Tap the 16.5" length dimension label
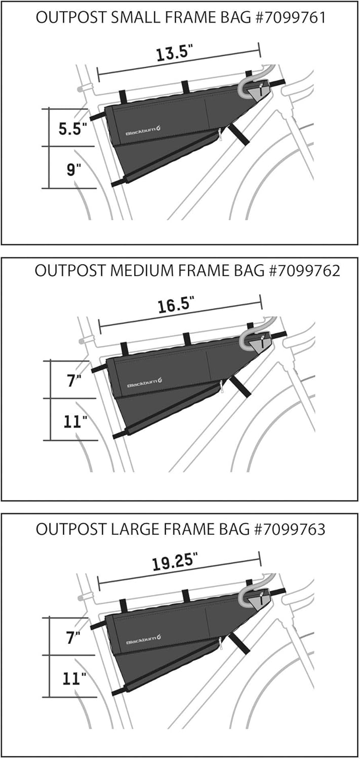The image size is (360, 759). point(176,305)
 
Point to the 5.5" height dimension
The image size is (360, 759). point(72,129)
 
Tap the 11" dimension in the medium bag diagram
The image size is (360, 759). point(75,422)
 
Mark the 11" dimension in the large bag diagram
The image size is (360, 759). point(74,679)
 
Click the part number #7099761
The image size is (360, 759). point(290,18)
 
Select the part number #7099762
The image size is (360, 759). point(304,271)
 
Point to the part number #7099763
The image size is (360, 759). point(290,529)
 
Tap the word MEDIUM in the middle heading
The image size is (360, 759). point(144,271)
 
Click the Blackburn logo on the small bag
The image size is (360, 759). point(143,131)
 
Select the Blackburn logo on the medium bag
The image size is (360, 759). point(144,383)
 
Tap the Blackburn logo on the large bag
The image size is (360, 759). point(143,640)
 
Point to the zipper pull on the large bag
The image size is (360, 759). point(220,643)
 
